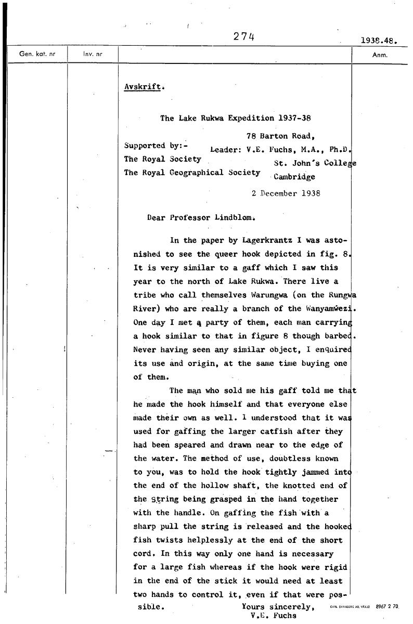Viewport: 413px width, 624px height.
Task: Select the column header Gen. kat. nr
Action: coord(37,54)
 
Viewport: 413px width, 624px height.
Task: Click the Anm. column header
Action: coord(380,54)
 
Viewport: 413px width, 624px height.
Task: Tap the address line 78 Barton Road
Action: coord(281,137)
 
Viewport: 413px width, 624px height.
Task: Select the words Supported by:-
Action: coord(151,146)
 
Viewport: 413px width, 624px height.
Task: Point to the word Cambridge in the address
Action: coord(294,176)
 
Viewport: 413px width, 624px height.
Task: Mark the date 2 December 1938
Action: coord(286,193)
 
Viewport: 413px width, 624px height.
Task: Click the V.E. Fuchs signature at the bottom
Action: coord(273,616)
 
